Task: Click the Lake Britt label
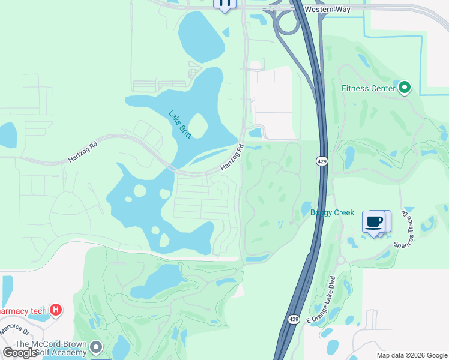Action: pyautogui.click(x=179, y=125)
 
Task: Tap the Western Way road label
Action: pyautogui.click(x=327, y=10)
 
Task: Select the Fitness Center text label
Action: pyautogui.click(x=368, y=88)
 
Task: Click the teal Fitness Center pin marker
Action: pyautogui.click(x=405, y=88)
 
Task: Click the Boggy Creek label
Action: pyautogui.click(x=332, y=213)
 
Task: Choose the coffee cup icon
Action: pyautogui.click(x=373, y=221)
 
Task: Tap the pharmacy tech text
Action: pyautogui.click(x=22, y=311)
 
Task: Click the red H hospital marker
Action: pyautogui.click(x=56, y=310)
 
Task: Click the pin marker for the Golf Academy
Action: pyautogui.click(x=97, y=347)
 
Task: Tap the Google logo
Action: pyautogui.click(x=20, y=353)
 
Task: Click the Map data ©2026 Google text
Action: pyautogui.click(x=411, y=355)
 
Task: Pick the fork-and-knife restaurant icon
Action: pyautogui.click(x=224, y=4)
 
